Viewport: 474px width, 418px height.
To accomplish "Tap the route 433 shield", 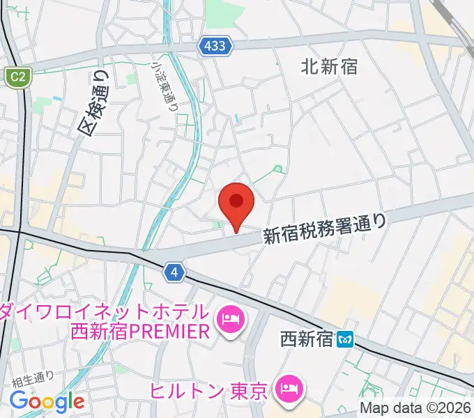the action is pyautogui.click(x=215, y=46).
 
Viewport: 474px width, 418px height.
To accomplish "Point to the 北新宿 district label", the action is pyautogui.click(x=330, y=67).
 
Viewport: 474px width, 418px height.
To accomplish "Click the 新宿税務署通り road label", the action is pyautogui.click(x=324, y=229).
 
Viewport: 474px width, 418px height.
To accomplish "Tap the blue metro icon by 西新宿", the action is pyautogui.click(x=346, y=340).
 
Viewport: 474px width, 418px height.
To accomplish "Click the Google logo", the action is pyautogui.click(x=47, y=402).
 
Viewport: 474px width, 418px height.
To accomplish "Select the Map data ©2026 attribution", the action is pyautogui.click(x=416, y=408).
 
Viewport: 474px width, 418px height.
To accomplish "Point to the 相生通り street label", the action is pyautogui.click(x=33, y=379).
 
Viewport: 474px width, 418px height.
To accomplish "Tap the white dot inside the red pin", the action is pyautogui.click(x=236, y=201).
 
